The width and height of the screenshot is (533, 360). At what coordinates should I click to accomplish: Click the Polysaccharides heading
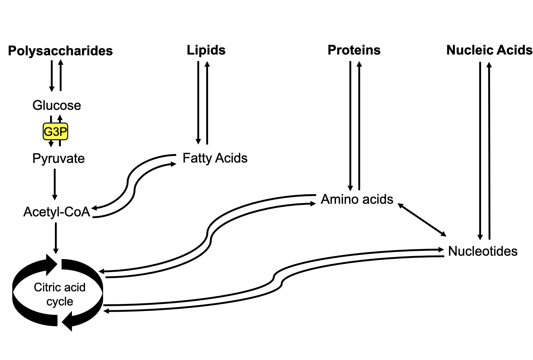60,51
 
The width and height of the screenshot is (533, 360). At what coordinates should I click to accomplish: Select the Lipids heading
206,50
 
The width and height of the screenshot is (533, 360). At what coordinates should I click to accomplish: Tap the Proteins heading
354,50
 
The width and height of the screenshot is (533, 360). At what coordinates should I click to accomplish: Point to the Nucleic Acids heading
489,50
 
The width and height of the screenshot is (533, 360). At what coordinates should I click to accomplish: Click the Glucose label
56,105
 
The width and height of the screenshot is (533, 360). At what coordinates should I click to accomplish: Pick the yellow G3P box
55,131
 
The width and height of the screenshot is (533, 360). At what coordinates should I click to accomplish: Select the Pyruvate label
58,158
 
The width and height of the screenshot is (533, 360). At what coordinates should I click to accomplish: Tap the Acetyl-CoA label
56,212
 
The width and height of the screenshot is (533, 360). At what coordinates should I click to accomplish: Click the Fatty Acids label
215,158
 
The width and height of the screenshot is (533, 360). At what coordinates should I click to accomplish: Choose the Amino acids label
357,199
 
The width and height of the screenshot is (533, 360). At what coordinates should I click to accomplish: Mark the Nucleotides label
483,251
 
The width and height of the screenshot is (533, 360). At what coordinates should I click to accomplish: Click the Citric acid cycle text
59,294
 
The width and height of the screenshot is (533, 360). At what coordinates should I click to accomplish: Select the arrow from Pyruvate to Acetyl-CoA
55,184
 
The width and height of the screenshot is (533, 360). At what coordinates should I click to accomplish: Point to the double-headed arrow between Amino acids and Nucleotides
422,219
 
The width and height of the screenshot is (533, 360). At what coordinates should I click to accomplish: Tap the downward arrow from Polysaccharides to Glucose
52,76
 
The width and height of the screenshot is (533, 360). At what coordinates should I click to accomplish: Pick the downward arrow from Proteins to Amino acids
350,126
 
